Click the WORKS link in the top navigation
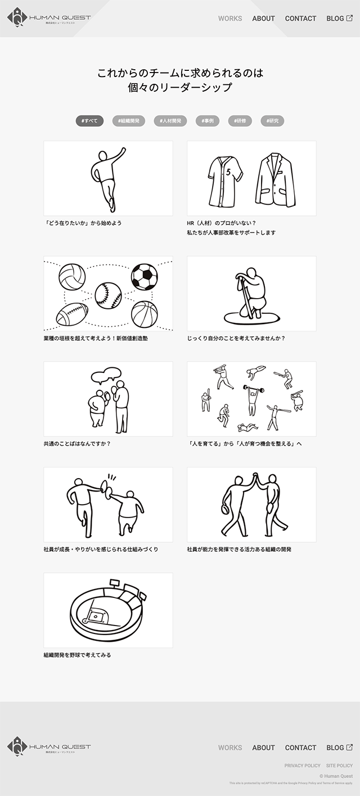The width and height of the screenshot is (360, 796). tap(230, 19)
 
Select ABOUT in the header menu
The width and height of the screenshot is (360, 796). tap(263, 19)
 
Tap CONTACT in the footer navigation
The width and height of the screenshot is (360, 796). tap(300, 748)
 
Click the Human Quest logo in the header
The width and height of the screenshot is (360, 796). tap(49, 18)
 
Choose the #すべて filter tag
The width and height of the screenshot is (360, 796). tap(89, 121)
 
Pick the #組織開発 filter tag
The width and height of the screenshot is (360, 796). tap(129, 121)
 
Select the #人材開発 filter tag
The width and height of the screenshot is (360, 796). tap(170, 121)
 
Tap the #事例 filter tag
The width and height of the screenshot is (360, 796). tap(207, 121)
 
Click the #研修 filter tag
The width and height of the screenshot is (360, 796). tap(240, 121)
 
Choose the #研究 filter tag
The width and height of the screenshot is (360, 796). tap(272, 121)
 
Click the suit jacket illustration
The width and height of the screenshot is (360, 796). tap(275, 180)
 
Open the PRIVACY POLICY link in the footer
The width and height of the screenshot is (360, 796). tap(302, 766)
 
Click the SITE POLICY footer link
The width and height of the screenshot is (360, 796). tap(339, 766)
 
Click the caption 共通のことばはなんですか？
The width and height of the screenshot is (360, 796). tap(77, 444)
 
